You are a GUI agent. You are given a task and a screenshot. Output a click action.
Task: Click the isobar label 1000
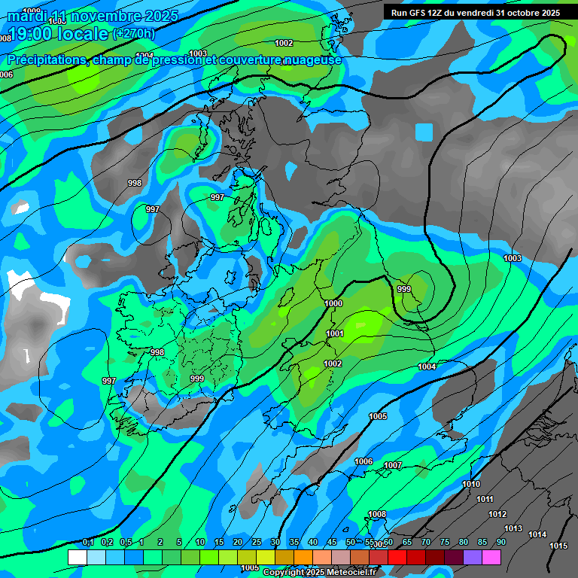click(333, 303)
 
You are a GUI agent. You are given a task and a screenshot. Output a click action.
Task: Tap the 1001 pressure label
click(335, 333)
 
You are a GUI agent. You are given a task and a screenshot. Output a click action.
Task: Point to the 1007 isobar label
click(393, 466)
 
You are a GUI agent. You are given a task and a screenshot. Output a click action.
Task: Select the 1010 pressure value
click(471, 484)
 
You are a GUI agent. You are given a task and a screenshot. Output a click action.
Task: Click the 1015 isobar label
click(558, 546)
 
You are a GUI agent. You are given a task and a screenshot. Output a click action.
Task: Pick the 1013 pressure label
click(513, 528)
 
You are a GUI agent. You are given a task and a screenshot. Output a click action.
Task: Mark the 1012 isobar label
click(497, 514)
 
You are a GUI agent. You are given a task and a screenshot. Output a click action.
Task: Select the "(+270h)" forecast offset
click(133, 33)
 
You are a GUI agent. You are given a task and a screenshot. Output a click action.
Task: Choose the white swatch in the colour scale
click(77, 557)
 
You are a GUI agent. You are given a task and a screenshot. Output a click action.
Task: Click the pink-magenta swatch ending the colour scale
click(491, 557)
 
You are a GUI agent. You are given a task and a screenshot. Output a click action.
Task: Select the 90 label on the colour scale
click(500, 543)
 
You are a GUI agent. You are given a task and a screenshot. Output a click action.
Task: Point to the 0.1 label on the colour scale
click(88, 543)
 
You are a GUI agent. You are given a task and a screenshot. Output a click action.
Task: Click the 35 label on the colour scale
click(294, 543)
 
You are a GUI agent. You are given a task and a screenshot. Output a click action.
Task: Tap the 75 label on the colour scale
click(444, 543)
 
